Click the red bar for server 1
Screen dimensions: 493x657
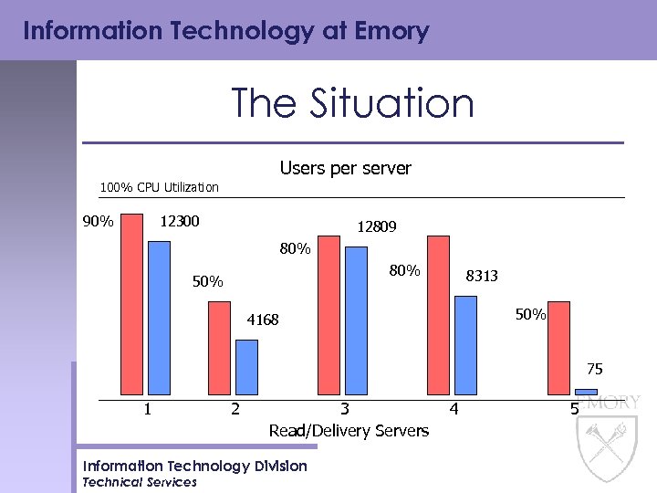coord(132,306)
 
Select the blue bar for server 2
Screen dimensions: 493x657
coord(246,369)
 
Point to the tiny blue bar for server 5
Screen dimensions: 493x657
coord(586,393)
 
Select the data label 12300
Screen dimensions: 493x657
coord(180,222)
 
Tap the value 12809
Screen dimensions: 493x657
coord(376,226)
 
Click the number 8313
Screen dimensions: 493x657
coord(482,276)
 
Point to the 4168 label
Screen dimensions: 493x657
coord(263,320)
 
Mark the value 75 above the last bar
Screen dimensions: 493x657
coord(594,370)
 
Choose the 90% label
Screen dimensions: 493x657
coord(98,222)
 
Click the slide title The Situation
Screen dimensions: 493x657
coord(352,103)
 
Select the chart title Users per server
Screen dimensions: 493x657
coord(345,169)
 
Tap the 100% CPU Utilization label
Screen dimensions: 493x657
coord(160,187)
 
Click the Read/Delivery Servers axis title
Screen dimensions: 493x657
coord(348,430)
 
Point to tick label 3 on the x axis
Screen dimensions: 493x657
coord(344,410)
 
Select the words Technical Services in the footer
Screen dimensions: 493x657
coord(140,482)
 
